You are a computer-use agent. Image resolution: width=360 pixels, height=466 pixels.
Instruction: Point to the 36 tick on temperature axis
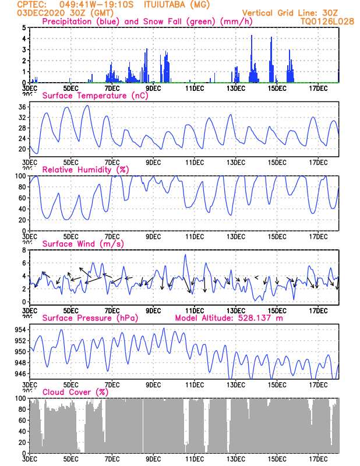[22, 107]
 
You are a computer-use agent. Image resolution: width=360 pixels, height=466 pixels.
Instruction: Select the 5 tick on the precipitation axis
[24, 27]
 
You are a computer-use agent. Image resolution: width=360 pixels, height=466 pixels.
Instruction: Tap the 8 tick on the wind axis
[24, 250]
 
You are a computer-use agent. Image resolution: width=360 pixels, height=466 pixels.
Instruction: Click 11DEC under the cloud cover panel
[195, 458]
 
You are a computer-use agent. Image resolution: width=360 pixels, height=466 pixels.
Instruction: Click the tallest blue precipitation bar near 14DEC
[252, 36]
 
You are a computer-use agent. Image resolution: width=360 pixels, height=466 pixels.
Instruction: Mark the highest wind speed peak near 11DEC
[185, 255]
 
